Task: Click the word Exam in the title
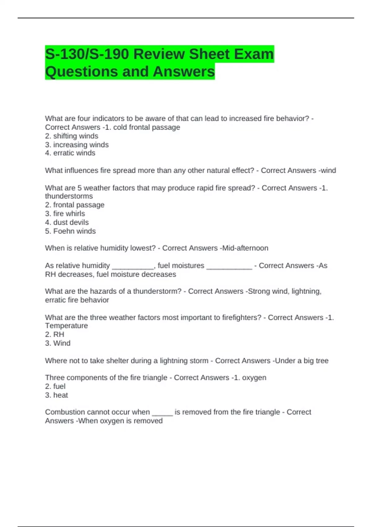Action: click(254, 54)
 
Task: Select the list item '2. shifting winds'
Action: click(72, 136)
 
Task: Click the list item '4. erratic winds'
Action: click(70, 153)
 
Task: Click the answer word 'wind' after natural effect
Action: click(328, 170)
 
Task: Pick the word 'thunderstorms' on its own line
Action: click(69, 196)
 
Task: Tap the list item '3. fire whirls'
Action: click(65, 214)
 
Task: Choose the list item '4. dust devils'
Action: click(67, 222)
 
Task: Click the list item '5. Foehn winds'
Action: click(70, 231)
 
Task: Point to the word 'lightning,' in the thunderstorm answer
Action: click(307, 291)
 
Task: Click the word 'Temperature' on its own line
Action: click(66, 326)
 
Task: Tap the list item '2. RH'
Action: click(55, 334)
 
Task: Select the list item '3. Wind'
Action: click(58, 343)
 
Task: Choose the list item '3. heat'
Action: click(56, 395)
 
